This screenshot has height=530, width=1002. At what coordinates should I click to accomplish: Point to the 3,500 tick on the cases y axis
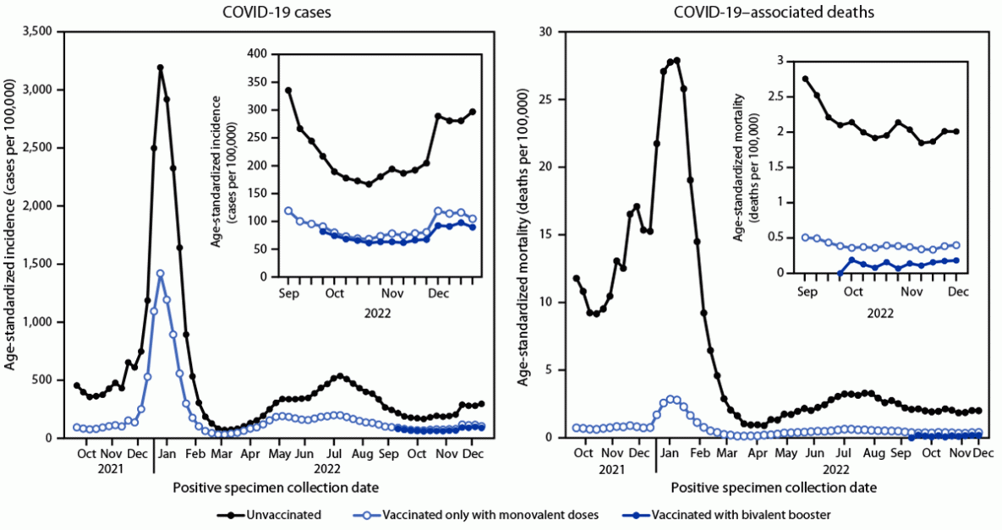[x=36, y=31]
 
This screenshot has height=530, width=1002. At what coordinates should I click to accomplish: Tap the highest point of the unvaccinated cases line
[x=160, y=68]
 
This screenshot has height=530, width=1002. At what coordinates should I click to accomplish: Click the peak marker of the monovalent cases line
[x=160, y=273]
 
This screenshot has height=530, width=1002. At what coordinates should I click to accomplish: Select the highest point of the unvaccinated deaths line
[x=676, y=60]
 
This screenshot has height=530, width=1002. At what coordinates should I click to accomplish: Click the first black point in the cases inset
[x=287, y=90]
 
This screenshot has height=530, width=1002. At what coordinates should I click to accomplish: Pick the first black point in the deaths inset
[x=804, y=79]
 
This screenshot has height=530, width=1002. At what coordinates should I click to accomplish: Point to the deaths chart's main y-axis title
[x=524, y=234]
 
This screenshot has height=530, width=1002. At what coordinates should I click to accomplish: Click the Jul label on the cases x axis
[x=334, y=453]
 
